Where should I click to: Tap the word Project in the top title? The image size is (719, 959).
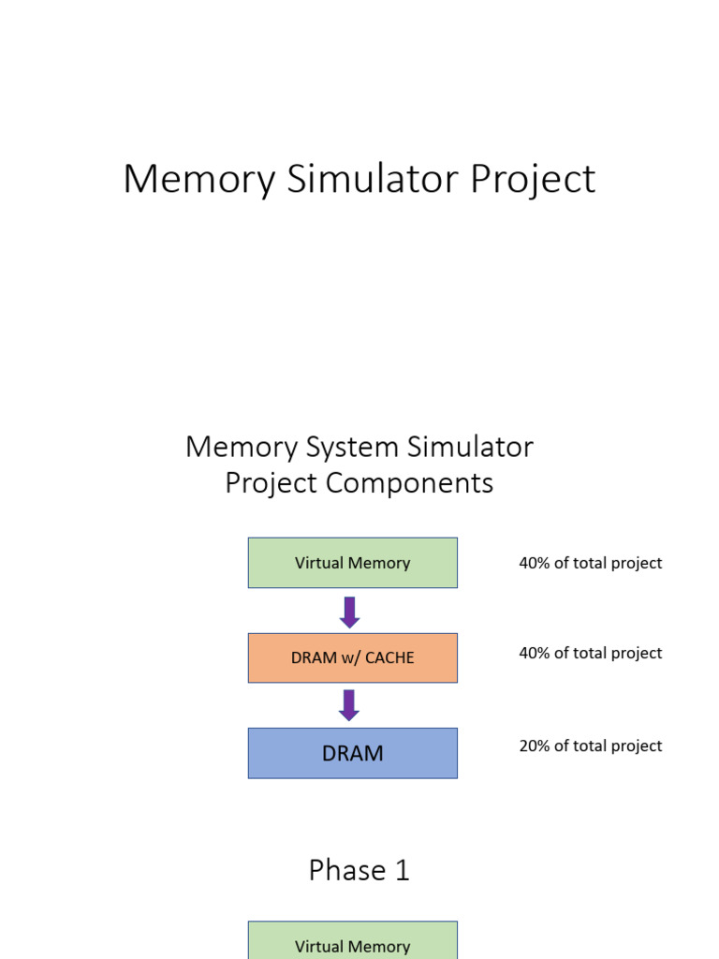coord(533,179)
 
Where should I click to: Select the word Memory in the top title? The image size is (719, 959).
coord(198,179)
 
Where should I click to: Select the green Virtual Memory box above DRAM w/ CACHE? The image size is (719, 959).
coord(352,563)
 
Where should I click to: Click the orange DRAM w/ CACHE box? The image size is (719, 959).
coord(352,657)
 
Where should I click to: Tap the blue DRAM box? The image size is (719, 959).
coord(352,753)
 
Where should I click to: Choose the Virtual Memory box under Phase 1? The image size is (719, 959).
coord(352,941)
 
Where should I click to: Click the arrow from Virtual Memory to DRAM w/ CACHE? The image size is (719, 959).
coord(349,612)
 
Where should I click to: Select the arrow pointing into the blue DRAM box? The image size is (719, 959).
coord(349,705)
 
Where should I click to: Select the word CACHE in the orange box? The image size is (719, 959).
coord(389,657)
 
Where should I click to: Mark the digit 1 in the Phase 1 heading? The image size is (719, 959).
coord(402,870)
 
